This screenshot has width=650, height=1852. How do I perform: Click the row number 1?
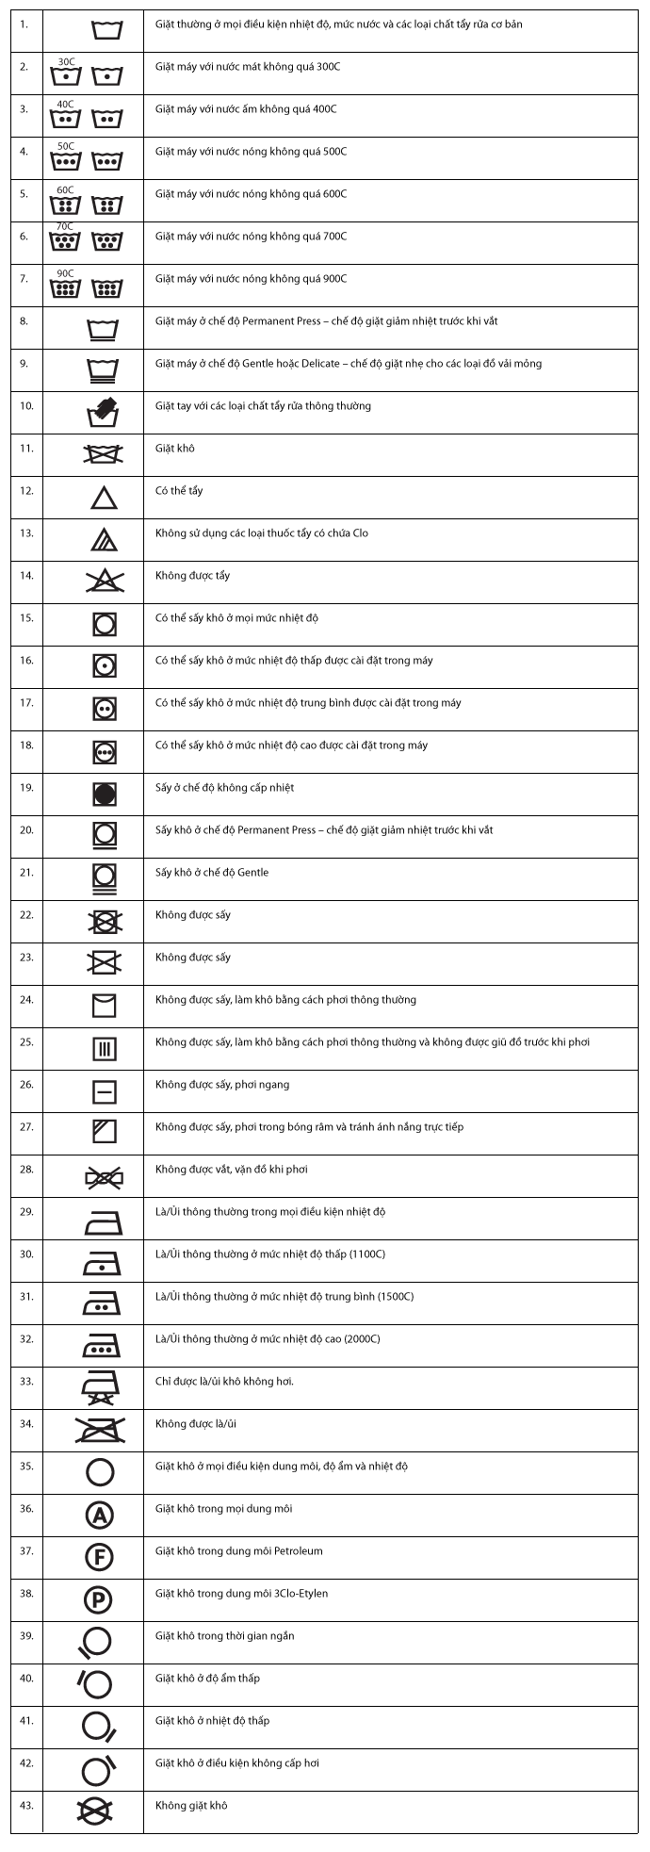[x=24, y=25]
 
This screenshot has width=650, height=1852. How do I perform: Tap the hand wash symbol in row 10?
[x=104, y=412]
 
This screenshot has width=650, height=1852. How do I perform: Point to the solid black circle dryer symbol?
[x=104, y=794]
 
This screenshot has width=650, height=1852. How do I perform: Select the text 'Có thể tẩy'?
[x=179, y=491]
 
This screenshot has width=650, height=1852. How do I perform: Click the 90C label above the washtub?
[x=65, y=273]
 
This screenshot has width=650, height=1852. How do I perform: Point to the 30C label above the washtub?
[x=66, y=61]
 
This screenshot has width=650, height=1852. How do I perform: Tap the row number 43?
[x=26, y=1806]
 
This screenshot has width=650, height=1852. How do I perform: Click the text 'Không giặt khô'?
[x=191, y=1806]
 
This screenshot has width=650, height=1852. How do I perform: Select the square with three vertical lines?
[x=104, y=1048]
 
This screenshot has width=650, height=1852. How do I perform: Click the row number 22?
[x=26, y=915]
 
